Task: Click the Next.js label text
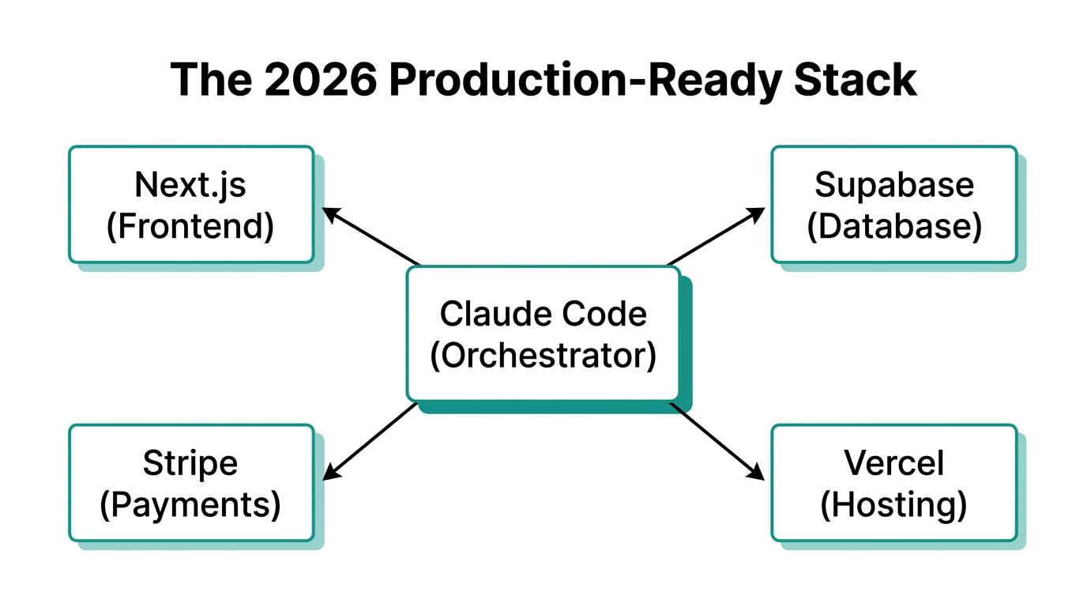(x=190, y=185)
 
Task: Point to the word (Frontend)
(x=190, y=226)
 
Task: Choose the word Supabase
(x=893, y=185)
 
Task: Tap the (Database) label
(x=893, y=226)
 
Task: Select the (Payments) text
(x=190, y=504)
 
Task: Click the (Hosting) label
(x=893, y=504)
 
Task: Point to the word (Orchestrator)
(x=543, y=355)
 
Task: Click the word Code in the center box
(x=610, y=314)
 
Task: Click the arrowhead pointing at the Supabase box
(x=756, y=213)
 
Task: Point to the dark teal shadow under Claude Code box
(x=553, y=407)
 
